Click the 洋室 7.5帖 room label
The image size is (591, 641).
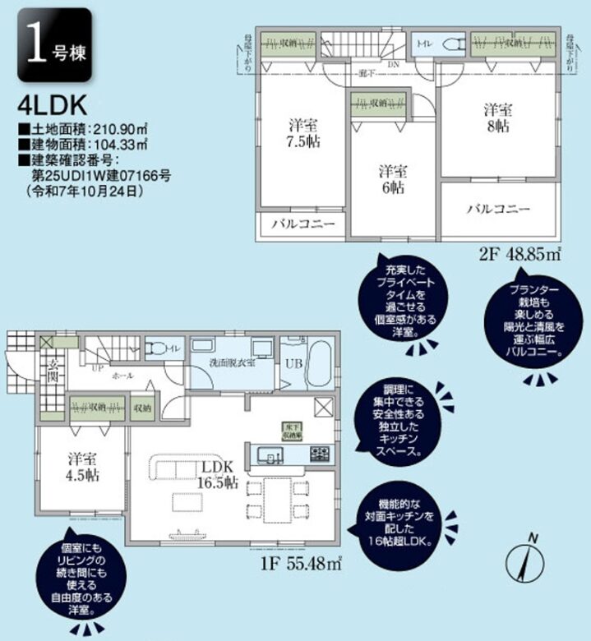click(304, 132)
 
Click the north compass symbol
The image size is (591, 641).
click(529, 562)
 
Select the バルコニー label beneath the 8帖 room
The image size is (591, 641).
click(499, 210)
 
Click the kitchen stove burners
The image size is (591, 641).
click(320, 454)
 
